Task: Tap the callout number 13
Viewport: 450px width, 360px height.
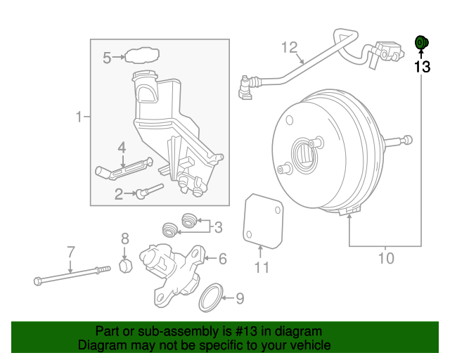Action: pyautogui.click(x=421, y=67)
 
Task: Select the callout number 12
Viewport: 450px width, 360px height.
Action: pyautogui.click(x=290, y=47)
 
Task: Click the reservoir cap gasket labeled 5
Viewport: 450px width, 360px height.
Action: pyautogui.click(x=141, y=56)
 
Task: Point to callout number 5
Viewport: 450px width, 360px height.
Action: pyautogui.click(x=108, y=58)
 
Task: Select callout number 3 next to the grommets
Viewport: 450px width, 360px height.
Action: pyautogui.click(x=218, y=226)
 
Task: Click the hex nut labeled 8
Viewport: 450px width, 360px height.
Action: pyautogui.click(x=124, y=267)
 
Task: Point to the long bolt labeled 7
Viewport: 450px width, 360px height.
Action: pyautogui.click(x=70, y=276)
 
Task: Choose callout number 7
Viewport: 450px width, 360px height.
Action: pyautogui.click(x=70, y=251)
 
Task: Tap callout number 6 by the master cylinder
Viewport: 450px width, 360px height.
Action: pyautogui.click(x=222, y=259)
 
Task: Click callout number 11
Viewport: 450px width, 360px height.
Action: pyautogui.click(x=262, y=267)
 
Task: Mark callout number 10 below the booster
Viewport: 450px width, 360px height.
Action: pyautogui.click(x=386, y=259)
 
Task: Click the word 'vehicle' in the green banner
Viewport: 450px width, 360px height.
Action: pyautogui.click(x=305, y=345)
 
